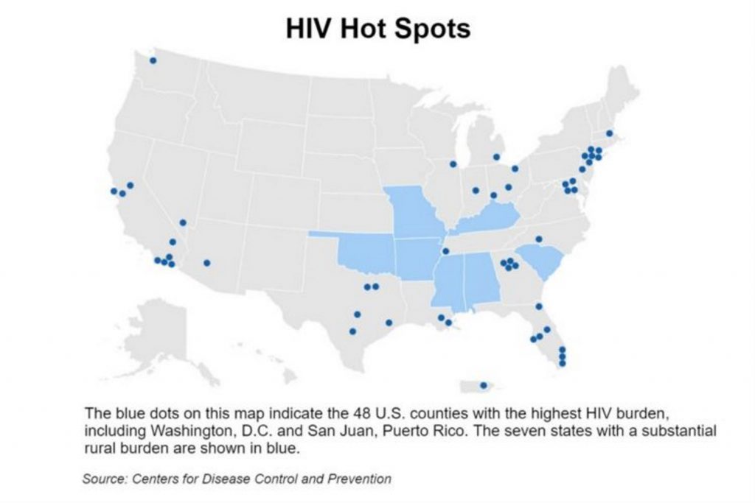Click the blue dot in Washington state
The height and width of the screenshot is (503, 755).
coord(153,60)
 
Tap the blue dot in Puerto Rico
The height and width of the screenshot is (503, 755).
coord(484,385)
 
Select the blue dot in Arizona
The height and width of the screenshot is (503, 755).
coord(207,263)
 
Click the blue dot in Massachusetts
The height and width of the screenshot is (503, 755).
coord(609,133)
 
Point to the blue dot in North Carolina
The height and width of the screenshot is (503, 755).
coord(539,239)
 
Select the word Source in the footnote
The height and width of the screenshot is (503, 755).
coord(104,479)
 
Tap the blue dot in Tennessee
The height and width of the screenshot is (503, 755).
coord(445,251)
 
